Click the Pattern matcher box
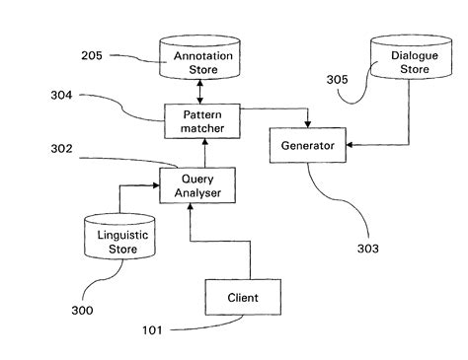click(202, 121)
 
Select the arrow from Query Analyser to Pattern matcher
click(203, 152)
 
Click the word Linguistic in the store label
click(118, 235)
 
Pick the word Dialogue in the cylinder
click(406, 55)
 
